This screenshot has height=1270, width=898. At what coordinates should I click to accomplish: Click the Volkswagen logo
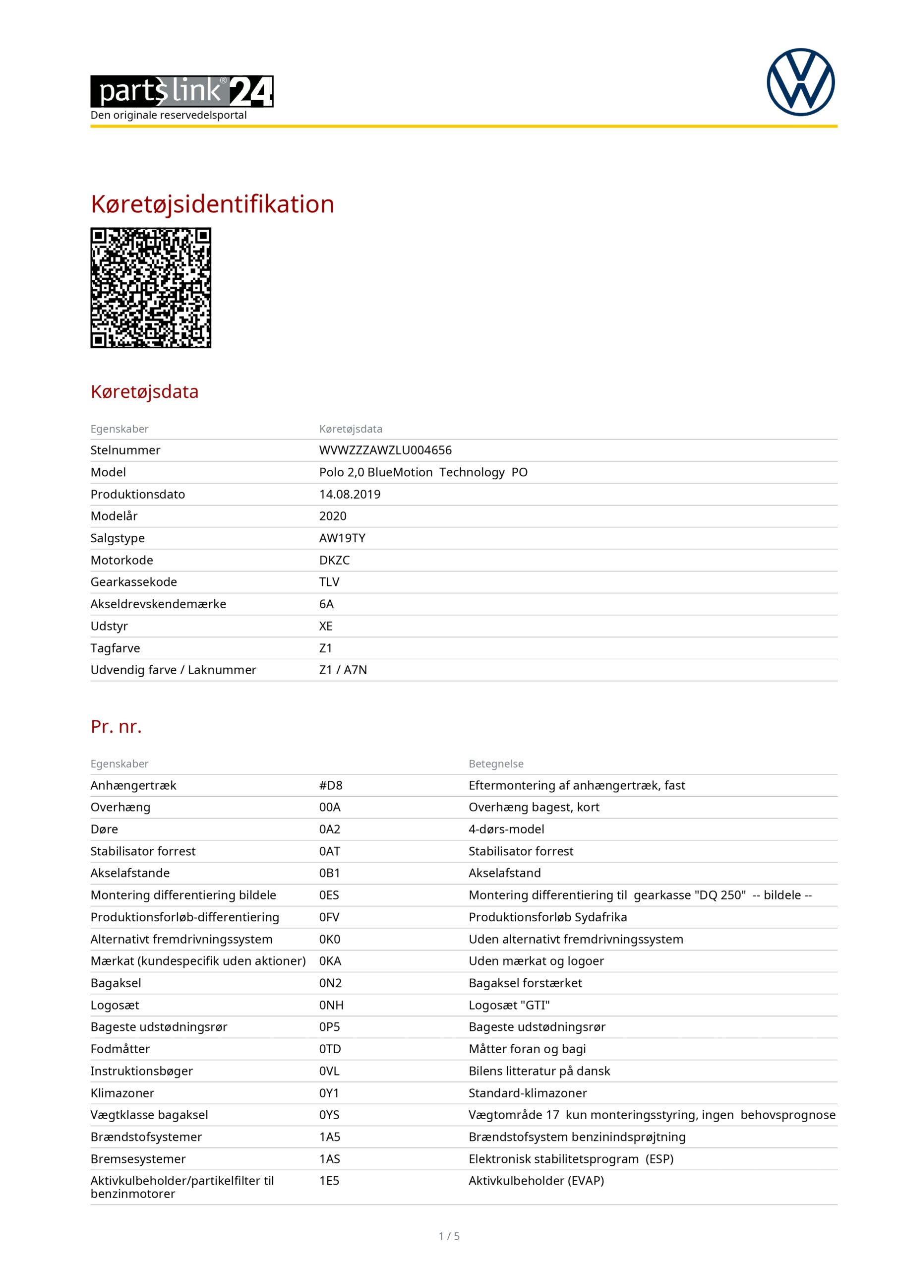pos(800,82)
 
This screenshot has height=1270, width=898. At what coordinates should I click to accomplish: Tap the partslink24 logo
pos(181,91)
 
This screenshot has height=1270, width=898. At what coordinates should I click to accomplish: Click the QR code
pos(150,288)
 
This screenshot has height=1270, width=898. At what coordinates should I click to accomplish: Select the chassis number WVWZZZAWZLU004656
pos(385,450)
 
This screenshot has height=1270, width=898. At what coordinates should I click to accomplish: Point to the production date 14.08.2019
pos(350,495)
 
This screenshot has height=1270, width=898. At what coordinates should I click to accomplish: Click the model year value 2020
pos(332,516)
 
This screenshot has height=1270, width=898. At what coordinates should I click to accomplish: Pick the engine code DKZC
pos(334,560)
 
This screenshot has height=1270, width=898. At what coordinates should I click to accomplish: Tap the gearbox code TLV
pos(329,582)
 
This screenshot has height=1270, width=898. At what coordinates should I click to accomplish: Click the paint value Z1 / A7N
pos(343,670)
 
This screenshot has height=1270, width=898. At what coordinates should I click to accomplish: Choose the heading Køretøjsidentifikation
pos(212,204)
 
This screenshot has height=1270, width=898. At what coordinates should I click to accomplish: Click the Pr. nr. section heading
pos(116,727)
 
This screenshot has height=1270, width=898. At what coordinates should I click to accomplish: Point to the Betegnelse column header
pos(495,764)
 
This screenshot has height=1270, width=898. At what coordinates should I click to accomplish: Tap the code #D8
pos(331,785)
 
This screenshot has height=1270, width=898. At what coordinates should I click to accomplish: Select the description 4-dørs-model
pos(506,829)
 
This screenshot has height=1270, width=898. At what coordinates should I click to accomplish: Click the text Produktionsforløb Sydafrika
pos(547,917)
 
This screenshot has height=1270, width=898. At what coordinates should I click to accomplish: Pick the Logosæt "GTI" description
pos(509,1005)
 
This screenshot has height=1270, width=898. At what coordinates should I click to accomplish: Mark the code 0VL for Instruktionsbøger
pos(329,1071)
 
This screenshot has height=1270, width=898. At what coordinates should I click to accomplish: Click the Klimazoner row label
pos(122,1093)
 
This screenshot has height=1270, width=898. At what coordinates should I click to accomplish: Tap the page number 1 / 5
pos(449,1236)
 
